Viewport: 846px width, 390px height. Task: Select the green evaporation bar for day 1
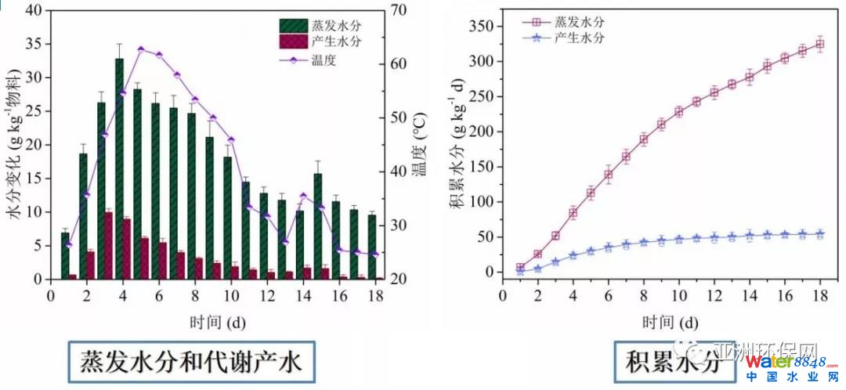(x=65, y=256)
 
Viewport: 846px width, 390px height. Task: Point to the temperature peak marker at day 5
(x=140, y=49)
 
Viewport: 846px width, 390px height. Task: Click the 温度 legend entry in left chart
(x=323, y=60)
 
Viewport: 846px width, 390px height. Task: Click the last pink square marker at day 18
(x=820, y=44)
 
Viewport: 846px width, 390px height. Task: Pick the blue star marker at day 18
(x=820, y=233)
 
